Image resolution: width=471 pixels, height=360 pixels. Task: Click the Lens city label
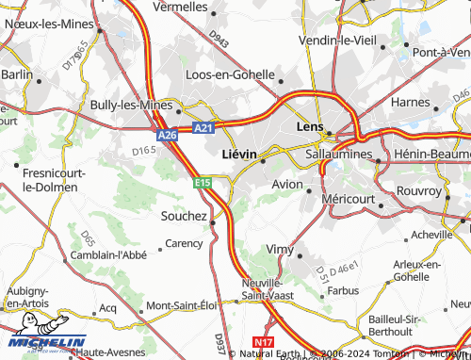[x=309, y=125]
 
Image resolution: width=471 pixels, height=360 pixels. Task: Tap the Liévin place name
[x=238, y=152]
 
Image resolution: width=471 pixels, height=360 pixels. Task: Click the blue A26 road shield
[x=167, y=136]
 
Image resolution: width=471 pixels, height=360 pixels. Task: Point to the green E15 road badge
[x=203, y=182]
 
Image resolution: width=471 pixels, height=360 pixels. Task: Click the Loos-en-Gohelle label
[x=230, y=74]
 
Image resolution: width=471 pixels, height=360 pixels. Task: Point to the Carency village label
[x=184, y=243]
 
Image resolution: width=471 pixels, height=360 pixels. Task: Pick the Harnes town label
[x=410, y=102]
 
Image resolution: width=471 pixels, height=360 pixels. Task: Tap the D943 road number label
[x=219, y=39]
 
